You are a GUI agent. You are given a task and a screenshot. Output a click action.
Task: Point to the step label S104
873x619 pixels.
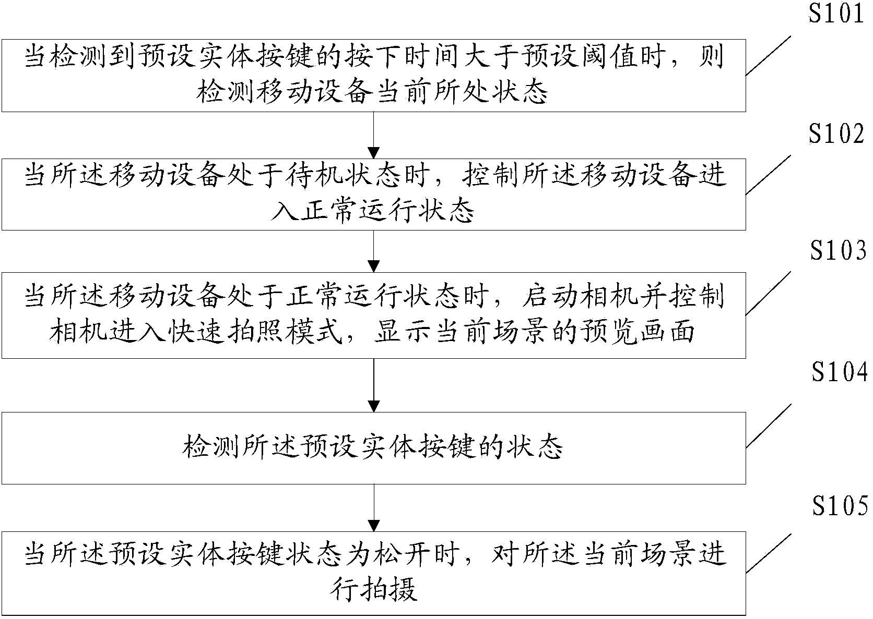(x=839, y=373)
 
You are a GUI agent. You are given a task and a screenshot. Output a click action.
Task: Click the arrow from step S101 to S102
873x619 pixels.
(x=374, y=135)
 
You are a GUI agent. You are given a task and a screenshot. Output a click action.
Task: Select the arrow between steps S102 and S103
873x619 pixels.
(x=374, y=252)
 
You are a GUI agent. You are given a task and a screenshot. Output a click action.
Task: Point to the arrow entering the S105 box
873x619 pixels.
(x=374, y=507)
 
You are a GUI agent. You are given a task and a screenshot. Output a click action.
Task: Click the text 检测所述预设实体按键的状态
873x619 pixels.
(x=373, y=447)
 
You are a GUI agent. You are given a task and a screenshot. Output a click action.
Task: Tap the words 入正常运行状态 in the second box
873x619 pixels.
(x=373, y=212)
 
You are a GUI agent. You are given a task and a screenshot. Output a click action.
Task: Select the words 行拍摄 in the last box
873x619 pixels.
(x=374, y=591)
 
